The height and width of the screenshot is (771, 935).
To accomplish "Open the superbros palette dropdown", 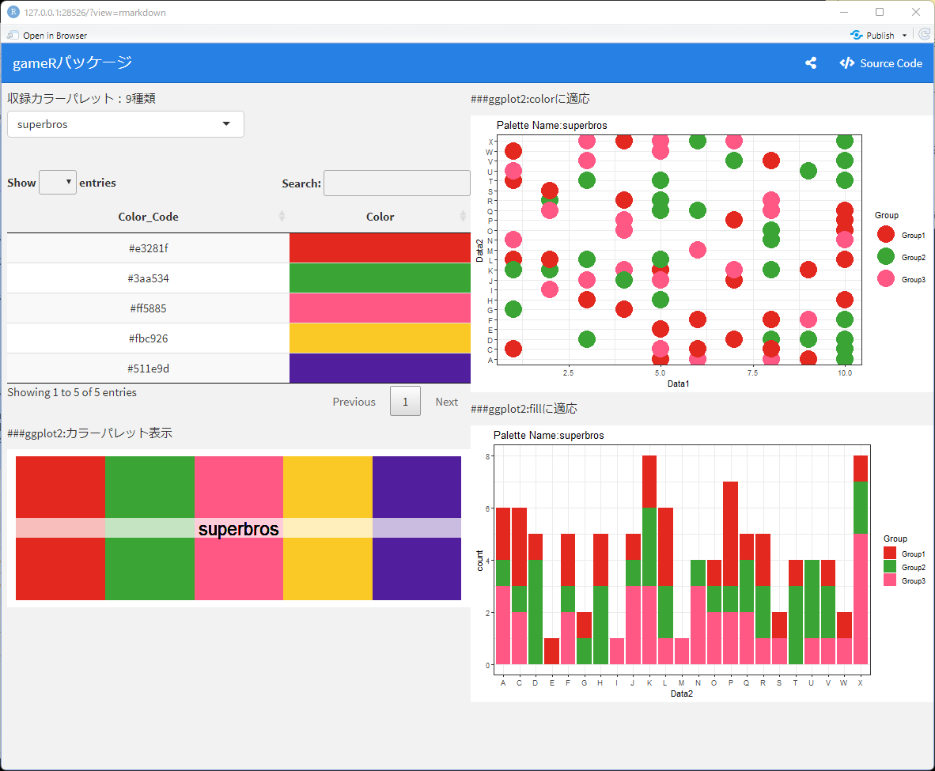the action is (x=125, y=124).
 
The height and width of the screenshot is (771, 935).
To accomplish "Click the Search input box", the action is (x=396, y=183).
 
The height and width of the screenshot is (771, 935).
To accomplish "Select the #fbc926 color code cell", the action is (x=149, y=338).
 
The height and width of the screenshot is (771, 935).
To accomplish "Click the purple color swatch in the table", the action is (x=380, y=368).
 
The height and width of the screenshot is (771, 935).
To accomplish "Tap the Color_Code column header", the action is (x=148, y=217).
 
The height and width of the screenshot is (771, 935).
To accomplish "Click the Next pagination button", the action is (x=446, y=401).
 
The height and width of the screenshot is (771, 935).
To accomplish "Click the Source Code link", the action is (x=880, y=63).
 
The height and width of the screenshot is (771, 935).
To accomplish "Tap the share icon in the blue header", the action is (x=811, y=62).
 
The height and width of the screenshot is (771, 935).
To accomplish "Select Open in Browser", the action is (x=47, y=35).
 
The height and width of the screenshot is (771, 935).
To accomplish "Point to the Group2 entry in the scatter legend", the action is (x=901, y=257).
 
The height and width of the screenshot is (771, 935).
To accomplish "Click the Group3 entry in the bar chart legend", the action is (x=905, y=580).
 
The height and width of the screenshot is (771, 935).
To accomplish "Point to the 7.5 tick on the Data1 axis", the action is (x=752, y=372).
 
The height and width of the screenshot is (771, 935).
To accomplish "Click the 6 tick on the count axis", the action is (x=488, y=508).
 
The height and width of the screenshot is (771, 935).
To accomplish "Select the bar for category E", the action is (x=551, y=651).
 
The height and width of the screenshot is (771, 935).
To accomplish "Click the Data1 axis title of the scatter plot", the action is (x=678, y=384).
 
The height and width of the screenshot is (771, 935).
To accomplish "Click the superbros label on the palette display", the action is (x=239, y=529).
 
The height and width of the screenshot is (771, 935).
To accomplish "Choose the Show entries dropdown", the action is (x=57, y=183).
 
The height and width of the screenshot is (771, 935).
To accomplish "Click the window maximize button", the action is (x=880, y=12).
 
